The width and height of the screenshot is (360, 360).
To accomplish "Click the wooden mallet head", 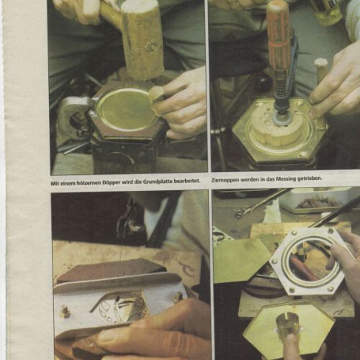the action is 143,37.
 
